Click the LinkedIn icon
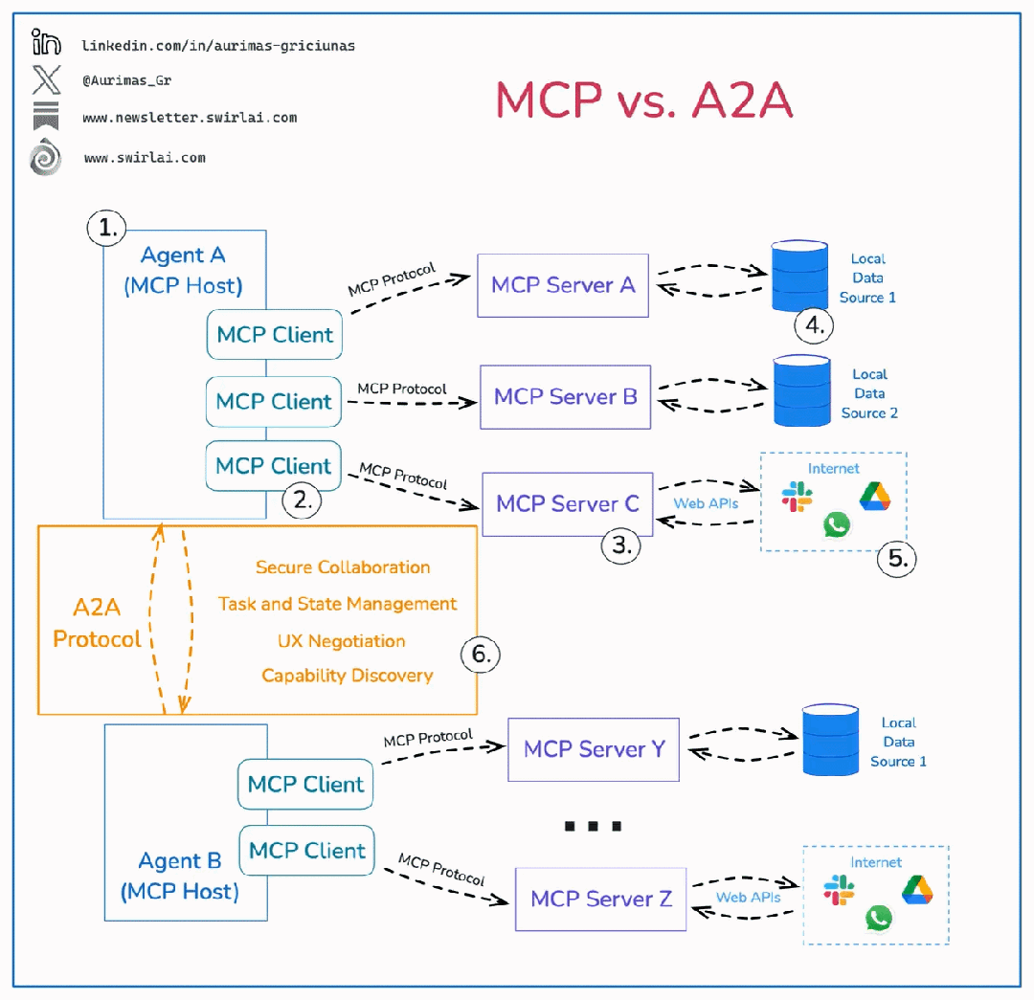click(x=46, y=41)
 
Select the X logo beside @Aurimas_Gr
click(x=46, y=79)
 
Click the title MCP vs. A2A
click(x=643, y=100)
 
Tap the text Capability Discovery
click(x=348, y=676)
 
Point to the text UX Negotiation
click(x=342, y=641)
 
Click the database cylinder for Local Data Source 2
click(x=802, y=390)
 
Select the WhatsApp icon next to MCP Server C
click(x=836, y=524)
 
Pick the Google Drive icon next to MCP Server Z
click(x=917, y=890)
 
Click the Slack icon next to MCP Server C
click(x=797, y=497)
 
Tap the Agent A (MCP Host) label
click(x=183, y=270)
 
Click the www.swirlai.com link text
click(x=146, y=158)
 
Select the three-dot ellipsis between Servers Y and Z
click(x=593, y=826)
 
